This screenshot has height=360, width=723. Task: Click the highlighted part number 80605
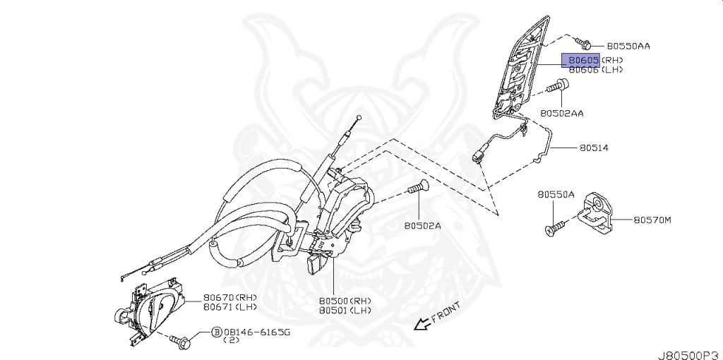pyautogui.click(x=580, y=60)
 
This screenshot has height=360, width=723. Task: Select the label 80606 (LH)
pyautogui.click(x=595, y=70)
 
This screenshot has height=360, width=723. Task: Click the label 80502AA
pyautogui.click(x=563, y=112)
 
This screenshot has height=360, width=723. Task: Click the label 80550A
pyautogui.click(x=556, y=193)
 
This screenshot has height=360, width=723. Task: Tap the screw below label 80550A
pyautogui.click(x=554, y=227)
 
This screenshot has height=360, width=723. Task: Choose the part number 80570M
pyautogui.click(x=652, y=220)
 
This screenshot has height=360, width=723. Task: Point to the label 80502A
pyautogui.click(x=422, y=226)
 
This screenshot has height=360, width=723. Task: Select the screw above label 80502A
pyautogui.click(x=419, y=189)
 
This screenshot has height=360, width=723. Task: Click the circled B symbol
pyautogui.click(x=217, y=331)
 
